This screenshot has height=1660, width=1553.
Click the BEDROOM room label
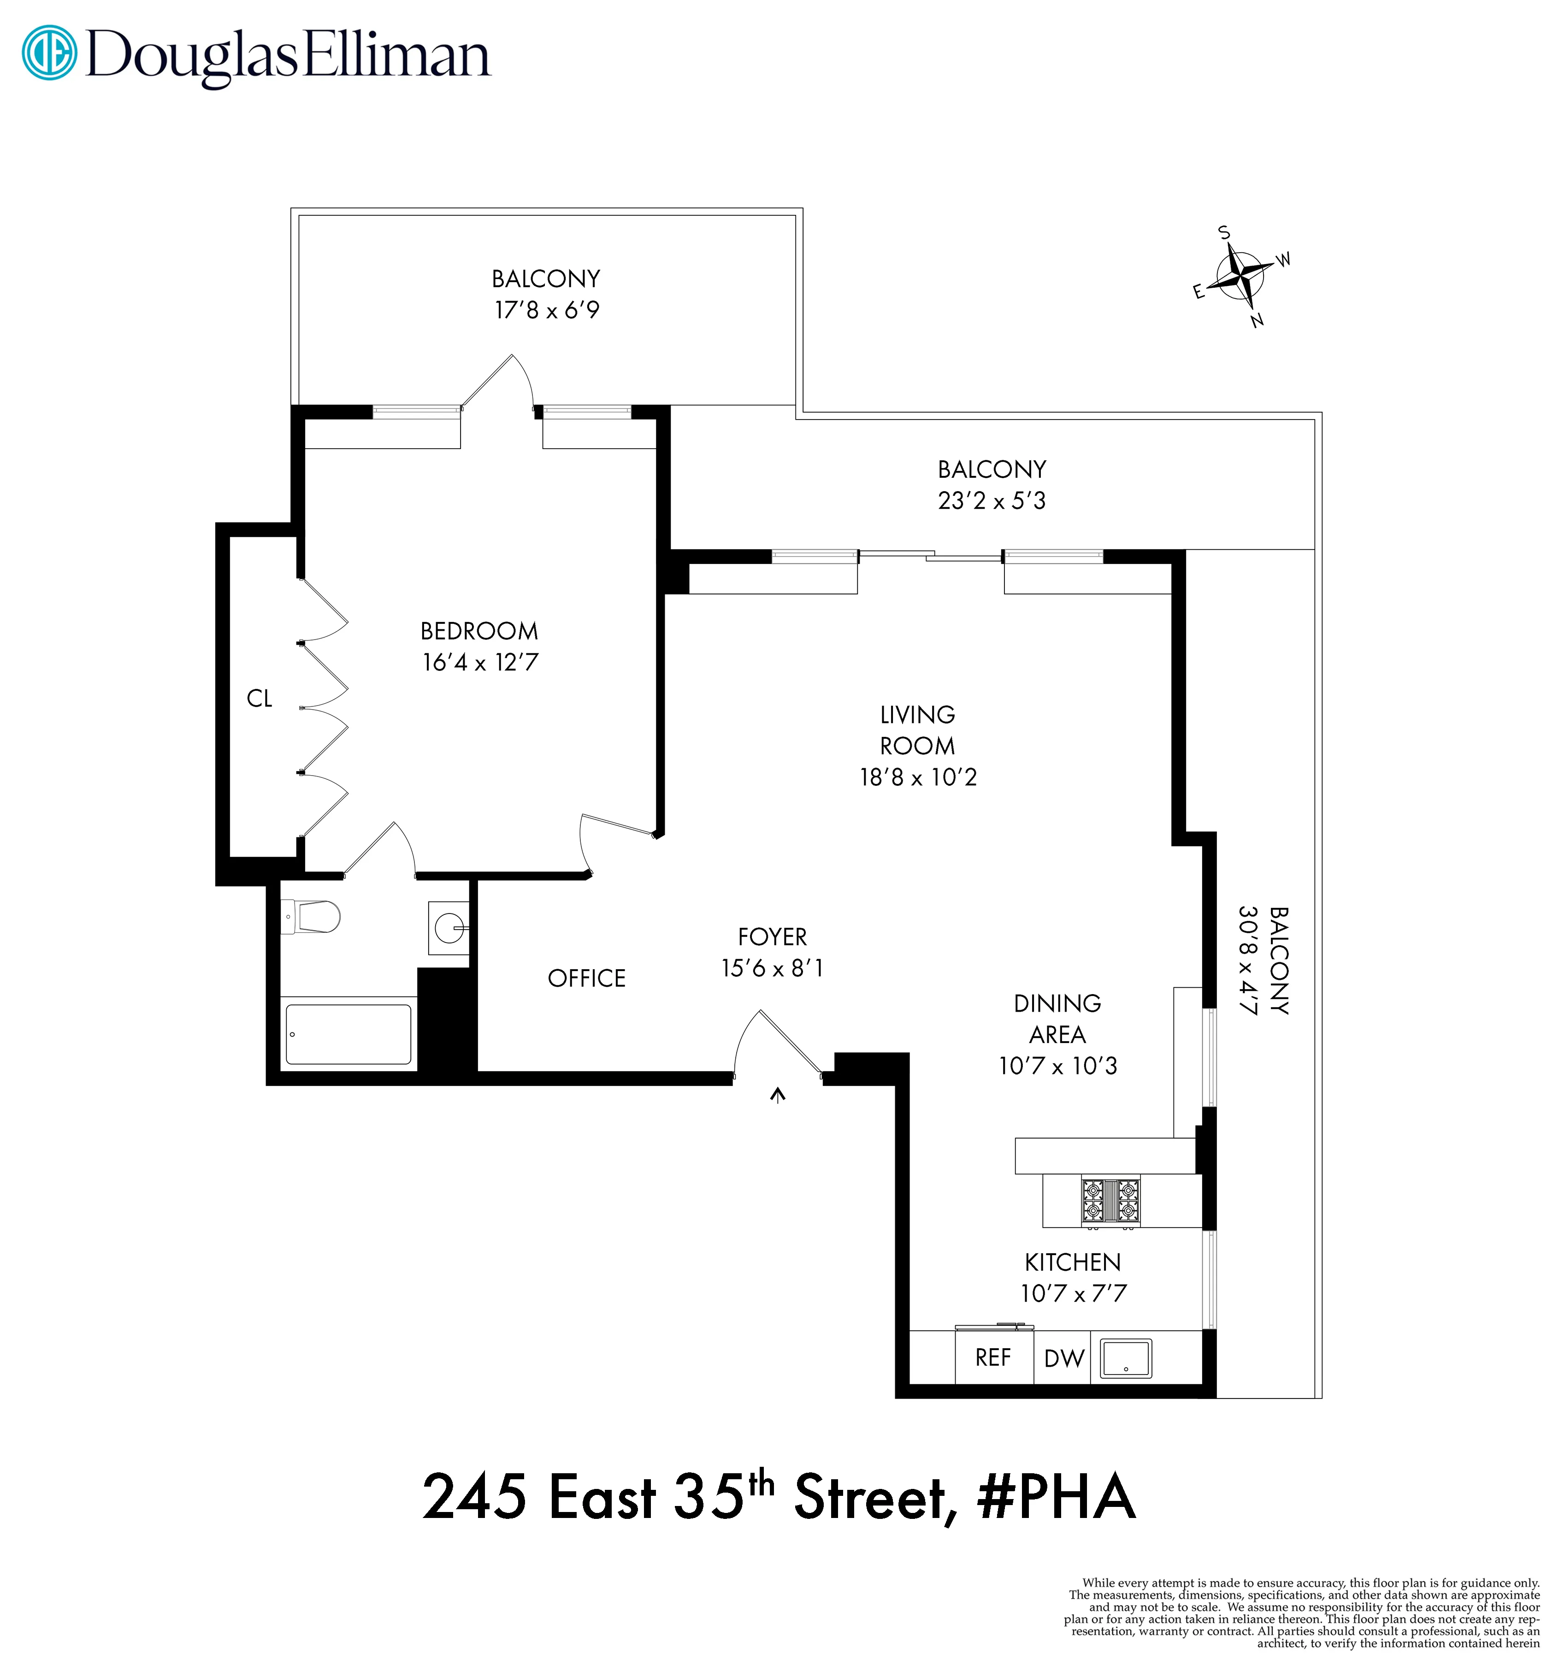(479, 631)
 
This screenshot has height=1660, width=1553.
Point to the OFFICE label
(586, 978)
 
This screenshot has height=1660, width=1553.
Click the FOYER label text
(772, 937)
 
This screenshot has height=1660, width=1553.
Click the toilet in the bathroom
(312, 917)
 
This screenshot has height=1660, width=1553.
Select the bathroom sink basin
(449, 927)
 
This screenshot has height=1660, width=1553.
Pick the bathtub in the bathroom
(348, 1035)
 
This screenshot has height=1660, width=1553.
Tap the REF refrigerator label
(993, 1358)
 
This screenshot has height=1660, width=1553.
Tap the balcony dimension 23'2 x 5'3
(991, 501)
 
